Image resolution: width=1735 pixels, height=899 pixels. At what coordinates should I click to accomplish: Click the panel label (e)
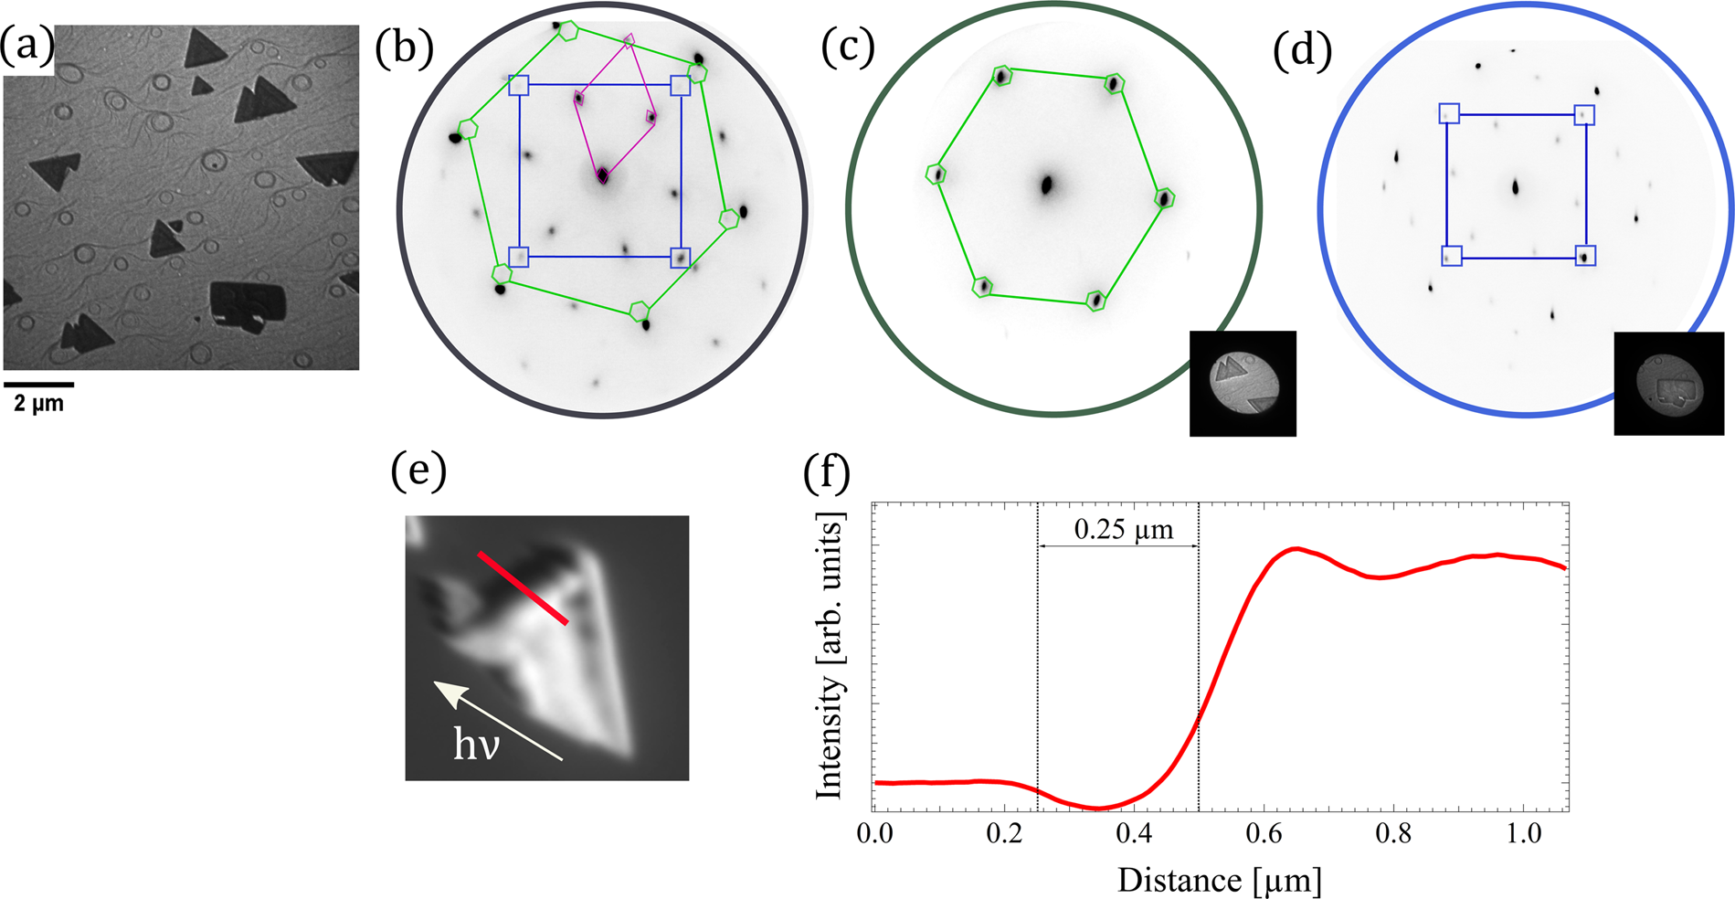click(x=418, y=472)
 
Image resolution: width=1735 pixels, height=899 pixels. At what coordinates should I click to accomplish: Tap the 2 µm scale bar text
click(x=38, y=403)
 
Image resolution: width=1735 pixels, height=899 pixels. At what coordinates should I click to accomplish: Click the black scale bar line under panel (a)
click(x=38, y=385)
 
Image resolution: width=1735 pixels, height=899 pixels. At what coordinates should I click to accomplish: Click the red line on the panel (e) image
click(x=523, y=588)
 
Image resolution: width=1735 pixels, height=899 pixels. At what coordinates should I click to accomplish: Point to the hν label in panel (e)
click(x=476, y=746)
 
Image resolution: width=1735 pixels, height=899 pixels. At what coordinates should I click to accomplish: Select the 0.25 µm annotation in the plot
click(x=1122, y=530)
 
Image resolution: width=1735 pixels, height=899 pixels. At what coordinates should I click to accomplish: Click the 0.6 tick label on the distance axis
click(x=1263, y=833)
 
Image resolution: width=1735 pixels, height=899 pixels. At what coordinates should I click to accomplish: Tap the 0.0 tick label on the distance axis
click(x=875, y=833)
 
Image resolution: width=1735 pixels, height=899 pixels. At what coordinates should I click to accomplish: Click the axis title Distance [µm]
click(x=1219, y=881)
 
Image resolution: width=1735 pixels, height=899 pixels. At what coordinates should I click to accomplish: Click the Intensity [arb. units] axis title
click(x=830, y=656)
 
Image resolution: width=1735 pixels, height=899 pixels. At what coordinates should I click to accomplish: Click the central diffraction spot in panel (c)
click(x=1047, y=185)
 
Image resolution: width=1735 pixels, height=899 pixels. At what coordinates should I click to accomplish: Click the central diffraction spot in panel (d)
click(x=1515, y=187)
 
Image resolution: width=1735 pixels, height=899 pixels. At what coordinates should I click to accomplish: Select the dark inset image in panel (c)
click(x=1242, y=384)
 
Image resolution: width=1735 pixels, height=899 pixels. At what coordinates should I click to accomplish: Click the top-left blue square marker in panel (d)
click(x=1449, y=113)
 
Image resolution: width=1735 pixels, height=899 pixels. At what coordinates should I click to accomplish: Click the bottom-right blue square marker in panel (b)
click(x=680, y=258)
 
